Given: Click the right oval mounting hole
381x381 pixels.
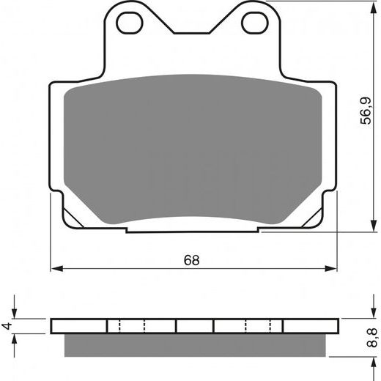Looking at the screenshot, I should tap(254, 22).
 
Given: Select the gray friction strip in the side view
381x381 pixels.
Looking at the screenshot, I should tap(196, 342).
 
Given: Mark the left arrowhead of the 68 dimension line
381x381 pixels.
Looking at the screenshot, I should tap(53, 269).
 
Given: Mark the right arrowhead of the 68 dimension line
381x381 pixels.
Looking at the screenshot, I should tap(335, 269).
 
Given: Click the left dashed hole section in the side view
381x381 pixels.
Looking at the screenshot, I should tap(132, 325).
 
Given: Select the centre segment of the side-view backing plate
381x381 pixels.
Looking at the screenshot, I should tap(195, 325).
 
